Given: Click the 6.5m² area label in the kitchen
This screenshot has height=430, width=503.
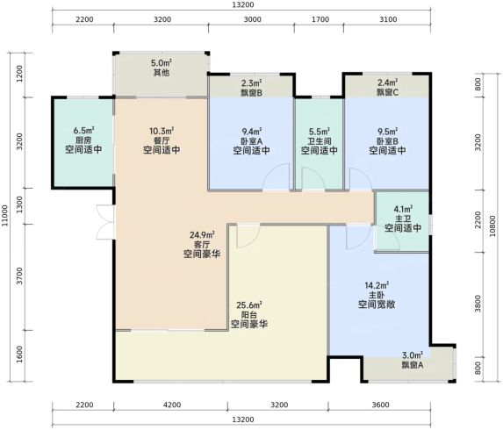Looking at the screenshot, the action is coord(83,131).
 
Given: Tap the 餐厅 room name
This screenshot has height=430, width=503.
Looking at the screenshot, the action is coord(162,140).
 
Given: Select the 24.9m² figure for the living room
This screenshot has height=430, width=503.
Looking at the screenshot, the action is coord(202,235).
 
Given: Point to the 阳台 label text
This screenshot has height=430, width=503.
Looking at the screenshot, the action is coord(249,314).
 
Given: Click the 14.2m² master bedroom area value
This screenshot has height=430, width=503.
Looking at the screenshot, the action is coord(377,285).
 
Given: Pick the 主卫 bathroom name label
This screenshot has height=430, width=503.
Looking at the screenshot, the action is coord(403,219).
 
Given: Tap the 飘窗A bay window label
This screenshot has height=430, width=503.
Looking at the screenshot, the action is coord(413,365).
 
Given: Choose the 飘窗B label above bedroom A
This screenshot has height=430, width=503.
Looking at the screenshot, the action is coord(252,93).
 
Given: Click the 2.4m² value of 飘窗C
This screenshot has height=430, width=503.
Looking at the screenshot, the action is coord(388,82).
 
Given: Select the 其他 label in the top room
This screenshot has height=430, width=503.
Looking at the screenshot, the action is coord(162,73).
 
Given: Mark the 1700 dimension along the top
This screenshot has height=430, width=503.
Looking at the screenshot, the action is coord(320,19).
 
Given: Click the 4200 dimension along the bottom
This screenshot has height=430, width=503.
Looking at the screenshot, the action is coord(172,405).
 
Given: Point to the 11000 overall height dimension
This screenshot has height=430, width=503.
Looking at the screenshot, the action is coord(4,216).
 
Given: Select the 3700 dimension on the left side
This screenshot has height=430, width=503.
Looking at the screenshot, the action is coord(20,276).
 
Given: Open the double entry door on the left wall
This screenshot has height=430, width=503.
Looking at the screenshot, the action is coord(105,222).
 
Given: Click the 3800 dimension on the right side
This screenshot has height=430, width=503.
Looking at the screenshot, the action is coord(478,304).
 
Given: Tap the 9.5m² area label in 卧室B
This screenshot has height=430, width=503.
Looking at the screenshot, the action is coord(388,132).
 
